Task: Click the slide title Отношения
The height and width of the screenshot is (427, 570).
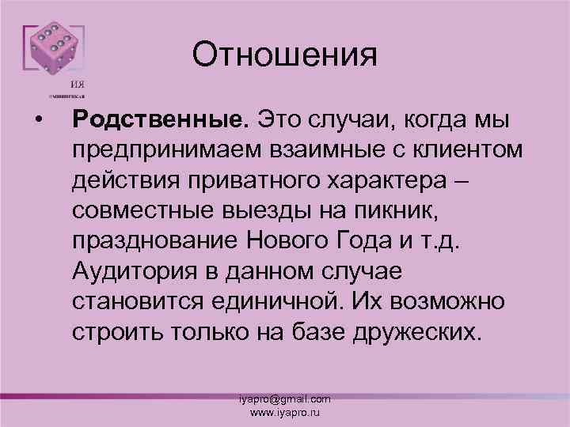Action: tap(285, 55)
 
